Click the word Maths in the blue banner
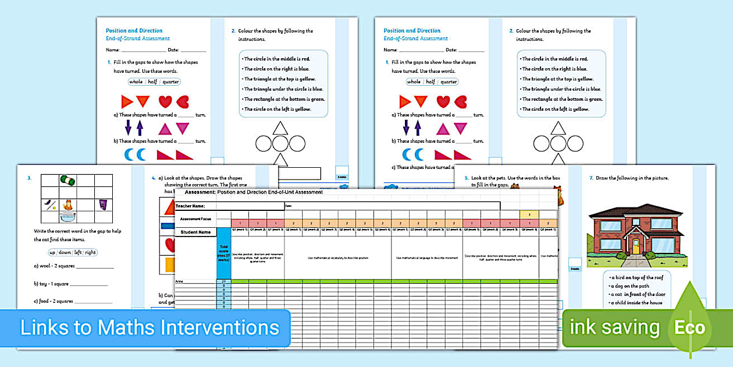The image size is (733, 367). pyautogui.click(x=126, y=327)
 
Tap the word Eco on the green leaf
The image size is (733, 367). pyautogui.click(x=689, y=327)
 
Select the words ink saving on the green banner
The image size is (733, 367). pyautogui.click(x=614, y=327)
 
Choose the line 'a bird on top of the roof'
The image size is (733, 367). pyautogui.click(x=638, y=278)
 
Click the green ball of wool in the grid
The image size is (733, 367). pyautogui.click(x=68, y=182)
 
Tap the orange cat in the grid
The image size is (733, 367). pyautogui.click(x=68, y=204)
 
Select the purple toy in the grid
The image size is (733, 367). pyautogui.click(x=103, y=204)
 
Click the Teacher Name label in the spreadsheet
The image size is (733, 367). pyautogui.click(x=191, y=206)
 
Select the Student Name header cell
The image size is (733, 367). pyautogui.click(x=195, y=232)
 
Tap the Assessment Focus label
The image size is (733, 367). pyautogui.click(x=195, y=219)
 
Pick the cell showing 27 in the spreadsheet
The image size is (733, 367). pyautogui.click(x=224, y=281)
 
